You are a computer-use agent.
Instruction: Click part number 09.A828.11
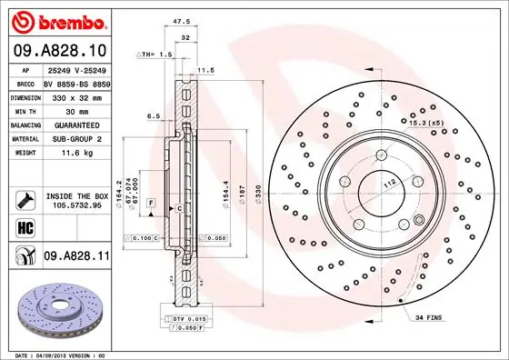coord(76,258)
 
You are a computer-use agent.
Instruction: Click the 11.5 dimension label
coord(205,69)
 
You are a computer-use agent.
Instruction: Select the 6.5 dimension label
coord(155,116)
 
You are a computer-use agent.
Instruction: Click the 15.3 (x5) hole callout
coord(425,122)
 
